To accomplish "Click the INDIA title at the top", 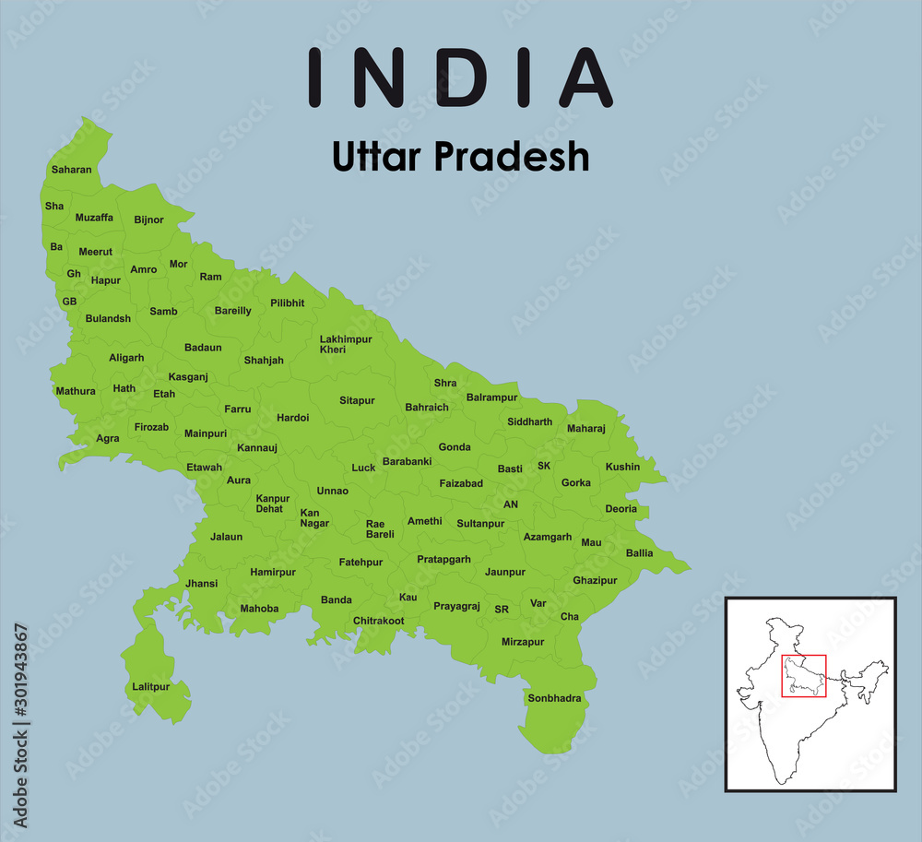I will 460,77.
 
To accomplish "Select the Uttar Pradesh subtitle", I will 460,158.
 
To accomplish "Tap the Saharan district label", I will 72,170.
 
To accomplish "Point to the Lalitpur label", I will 151,687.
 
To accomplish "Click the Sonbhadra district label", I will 554,698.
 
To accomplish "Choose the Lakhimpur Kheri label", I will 346,344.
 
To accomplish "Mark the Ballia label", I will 639,553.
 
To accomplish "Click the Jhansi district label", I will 201,583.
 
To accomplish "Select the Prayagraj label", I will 456,606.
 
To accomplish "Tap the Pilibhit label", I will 287,302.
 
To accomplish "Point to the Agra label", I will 108,438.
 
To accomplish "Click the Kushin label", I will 622,467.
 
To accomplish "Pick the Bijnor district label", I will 148,219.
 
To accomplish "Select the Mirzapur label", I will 523,641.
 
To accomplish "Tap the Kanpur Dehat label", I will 272,504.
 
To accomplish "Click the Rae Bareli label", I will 380,528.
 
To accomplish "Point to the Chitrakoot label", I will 378,621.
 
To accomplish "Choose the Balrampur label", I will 492,397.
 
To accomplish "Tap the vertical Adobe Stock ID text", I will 20,726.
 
